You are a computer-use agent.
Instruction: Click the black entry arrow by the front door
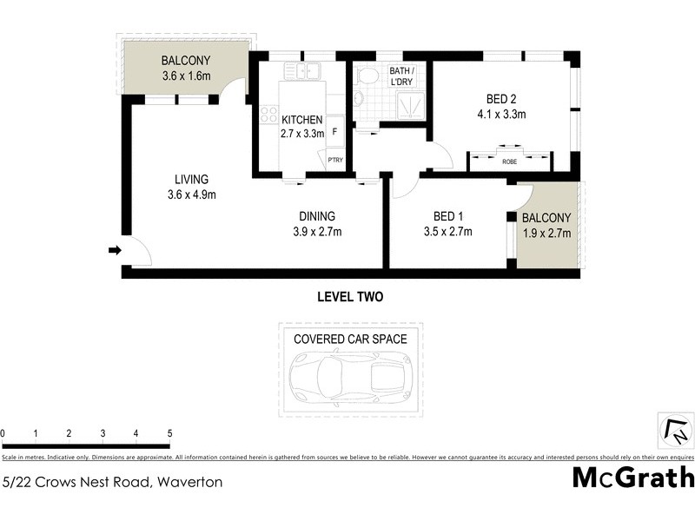(114, 251)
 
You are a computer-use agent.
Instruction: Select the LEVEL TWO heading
(349, 297)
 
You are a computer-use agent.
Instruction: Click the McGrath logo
(633, 478)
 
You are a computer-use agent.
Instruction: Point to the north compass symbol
(675, 429)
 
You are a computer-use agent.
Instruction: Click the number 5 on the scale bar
(169, 433)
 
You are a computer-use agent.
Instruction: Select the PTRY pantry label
(334, 160)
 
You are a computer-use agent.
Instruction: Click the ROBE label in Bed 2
(509, 161)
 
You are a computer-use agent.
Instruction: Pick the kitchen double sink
(308, 71)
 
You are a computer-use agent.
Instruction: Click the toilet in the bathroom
(368, 76)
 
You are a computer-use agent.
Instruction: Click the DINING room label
(317, 216)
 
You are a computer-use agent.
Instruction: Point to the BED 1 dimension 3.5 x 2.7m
(447, 232)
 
